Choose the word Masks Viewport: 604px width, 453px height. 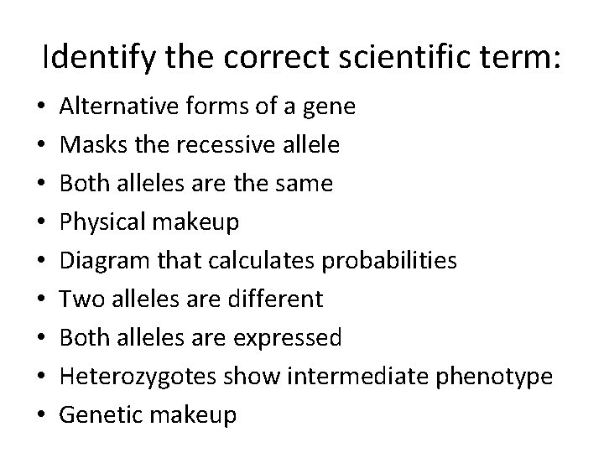[87, 145]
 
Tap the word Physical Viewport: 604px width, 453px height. [99, 222]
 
